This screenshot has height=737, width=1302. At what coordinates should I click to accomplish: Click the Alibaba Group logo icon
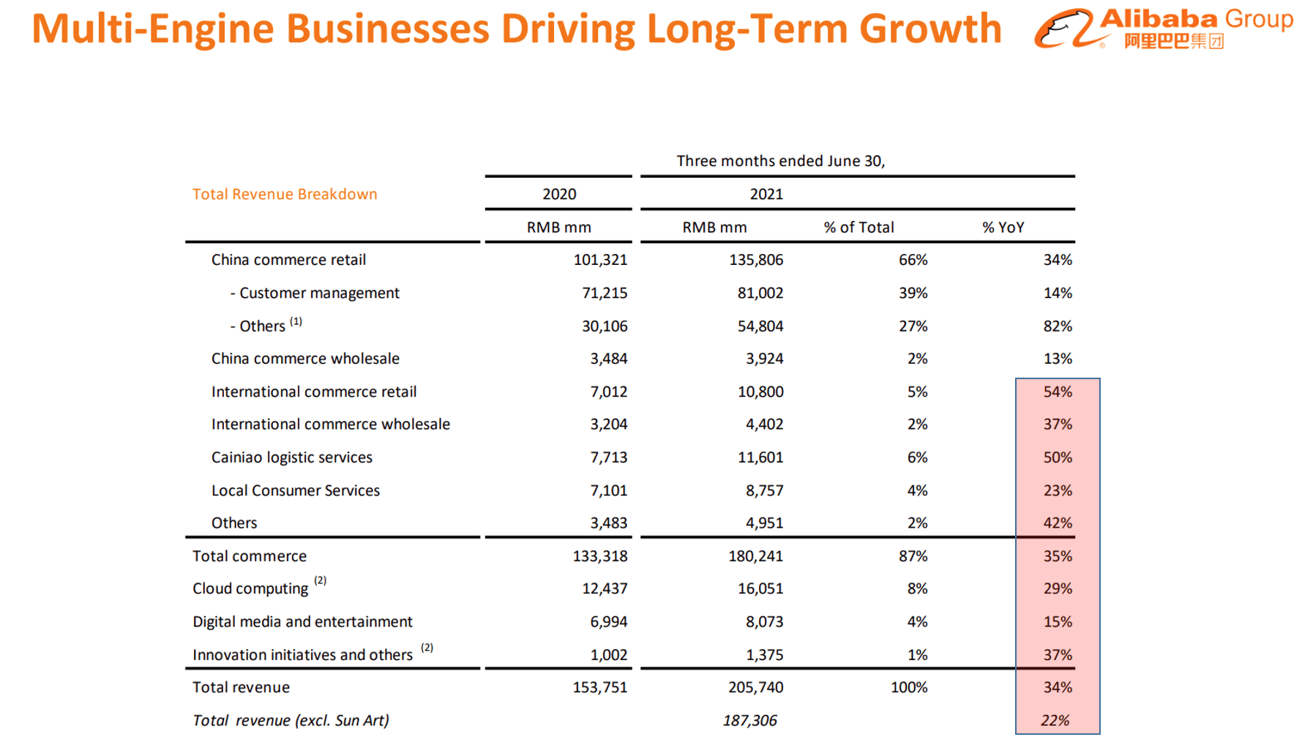pos(1063,29)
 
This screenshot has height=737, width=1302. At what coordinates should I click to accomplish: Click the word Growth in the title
pos(930,29)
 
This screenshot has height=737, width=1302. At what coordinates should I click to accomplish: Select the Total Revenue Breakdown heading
pos(285,194)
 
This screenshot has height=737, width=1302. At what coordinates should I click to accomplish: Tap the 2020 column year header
pos(559,194)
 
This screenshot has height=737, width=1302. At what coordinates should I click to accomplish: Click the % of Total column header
pos(858,228)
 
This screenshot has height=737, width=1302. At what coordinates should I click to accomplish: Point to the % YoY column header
pos(1003,228)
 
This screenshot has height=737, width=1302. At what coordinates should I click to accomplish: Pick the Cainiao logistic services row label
pos(291,457)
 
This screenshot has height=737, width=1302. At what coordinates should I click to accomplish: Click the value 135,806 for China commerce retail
pos(756,260)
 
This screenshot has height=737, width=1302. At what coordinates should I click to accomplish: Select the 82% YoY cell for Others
pos(1057,326)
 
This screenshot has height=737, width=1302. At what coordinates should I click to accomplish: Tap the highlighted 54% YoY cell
pos(1057,392)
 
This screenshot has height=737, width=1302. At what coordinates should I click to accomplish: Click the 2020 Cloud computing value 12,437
pos(605,588)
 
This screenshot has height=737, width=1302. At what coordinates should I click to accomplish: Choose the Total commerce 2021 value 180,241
pos(755,556)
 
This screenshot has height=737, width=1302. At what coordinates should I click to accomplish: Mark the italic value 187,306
pos(749,721)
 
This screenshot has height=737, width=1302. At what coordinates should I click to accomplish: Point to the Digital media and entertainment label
pos(302,621)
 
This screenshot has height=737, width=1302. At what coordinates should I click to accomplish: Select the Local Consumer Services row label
pos(295,490)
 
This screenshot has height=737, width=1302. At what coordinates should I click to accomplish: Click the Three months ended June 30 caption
pos(780,161)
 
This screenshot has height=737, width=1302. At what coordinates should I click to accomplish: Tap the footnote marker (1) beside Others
pos(296,321)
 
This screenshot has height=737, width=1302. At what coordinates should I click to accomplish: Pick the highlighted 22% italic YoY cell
pos(1055,721)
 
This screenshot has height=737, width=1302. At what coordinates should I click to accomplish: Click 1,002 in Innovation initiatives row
pos(608,655)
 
